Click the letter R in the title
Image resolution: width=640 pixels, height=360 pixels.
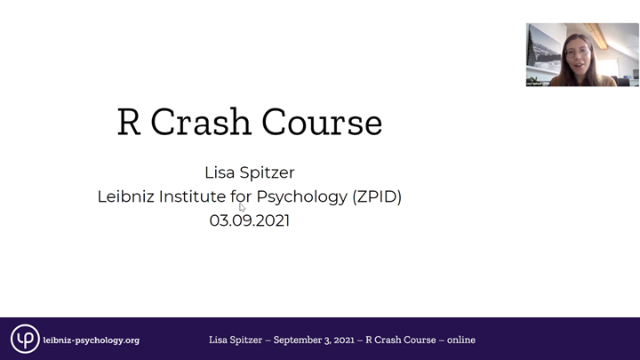[x=130, y=123]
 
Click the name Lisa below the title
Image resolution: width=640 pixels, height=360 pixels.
[x=220, y=172]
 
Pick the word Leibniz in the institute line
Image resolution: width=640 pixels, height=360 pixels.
[x=125, y=196]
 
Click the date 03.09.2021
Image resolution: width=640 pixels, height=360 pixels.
[x=250, y=220]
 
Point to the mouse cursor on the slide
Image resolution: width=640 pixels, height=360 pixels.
[x=242, y=207]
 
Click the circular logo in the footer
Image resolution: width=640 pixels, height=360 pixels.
[x=24, y=339]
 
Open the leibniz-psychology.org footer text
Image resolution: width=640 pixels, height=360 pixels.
[x=91, y=340]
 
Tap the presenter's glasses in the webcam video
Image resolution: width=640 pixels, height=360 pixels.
[x=575, y=52]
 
